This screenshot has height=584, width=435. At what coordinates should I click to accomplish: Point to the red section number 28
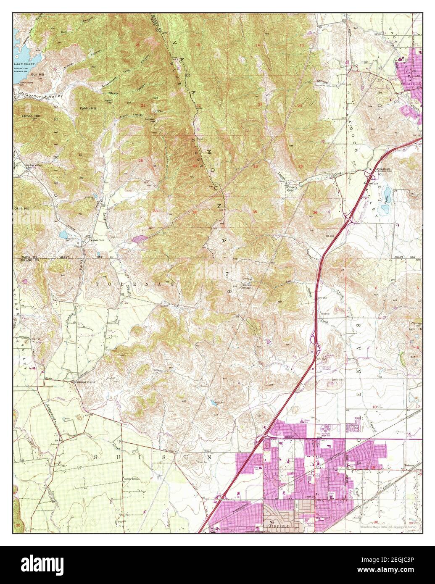pyautogui.click(x=141, y=160)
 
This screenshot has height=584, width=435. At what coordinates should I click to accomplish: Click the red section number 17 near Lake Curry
pyautogui.click(x=76, y=45)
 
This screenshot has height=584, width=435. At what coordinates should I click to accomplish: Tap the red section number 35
pyautogui.click(x=255, y=212)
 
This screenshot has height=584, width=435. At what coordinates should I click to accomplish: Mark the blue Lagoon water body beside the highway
pyautogui.click(x=387, y=195)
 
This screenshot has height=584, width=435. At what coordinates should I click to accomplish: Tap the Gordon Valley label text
pyautogui.click(x=44, y=96)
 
